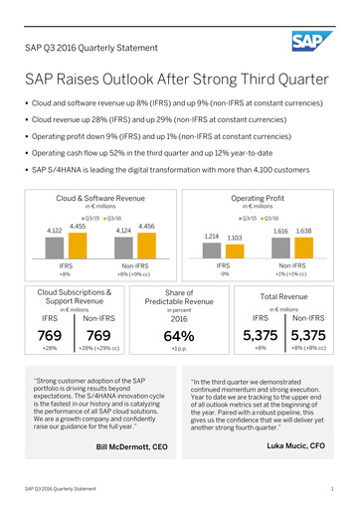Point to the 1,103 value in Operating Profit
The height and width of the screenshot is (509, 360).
(235, 238)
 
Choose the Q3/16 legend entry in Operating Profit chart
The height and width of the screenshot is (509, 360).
(269, 217)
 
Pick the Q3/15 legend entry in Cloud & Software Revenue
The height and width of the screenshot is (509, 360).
(90, 217)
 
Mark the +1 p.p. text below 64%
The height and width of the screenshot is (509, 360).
(180, 350)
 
